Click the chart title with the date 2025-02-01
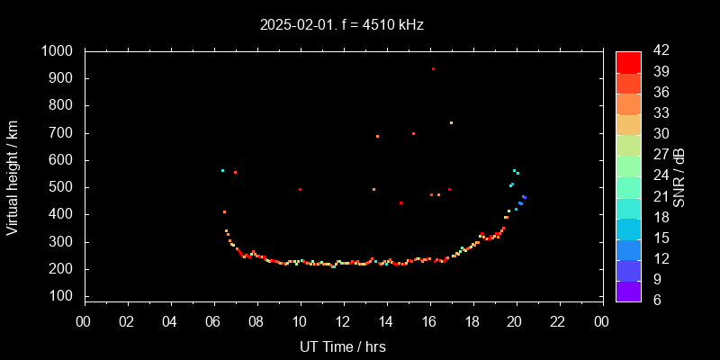[x=342, y=25]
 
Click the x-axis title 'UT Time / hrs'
[x=343, y=346]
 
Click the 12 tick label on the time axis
[x=343, y=321]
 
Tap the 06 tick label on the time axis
[x=213, y=321]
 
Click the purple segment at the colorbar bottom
[x=628, y=291]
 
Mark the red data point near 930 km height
[x=433, y=68]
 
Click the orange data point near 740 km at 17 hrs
[x=451, y=122]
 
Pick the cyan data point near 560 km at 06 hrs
[x=222, y=170]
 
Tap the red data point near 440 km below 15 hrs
[x=400, y=203]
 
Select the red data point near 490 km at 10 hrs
[x=300, y=189]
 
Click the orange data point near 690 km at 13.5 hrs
[x=377, y=136]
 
